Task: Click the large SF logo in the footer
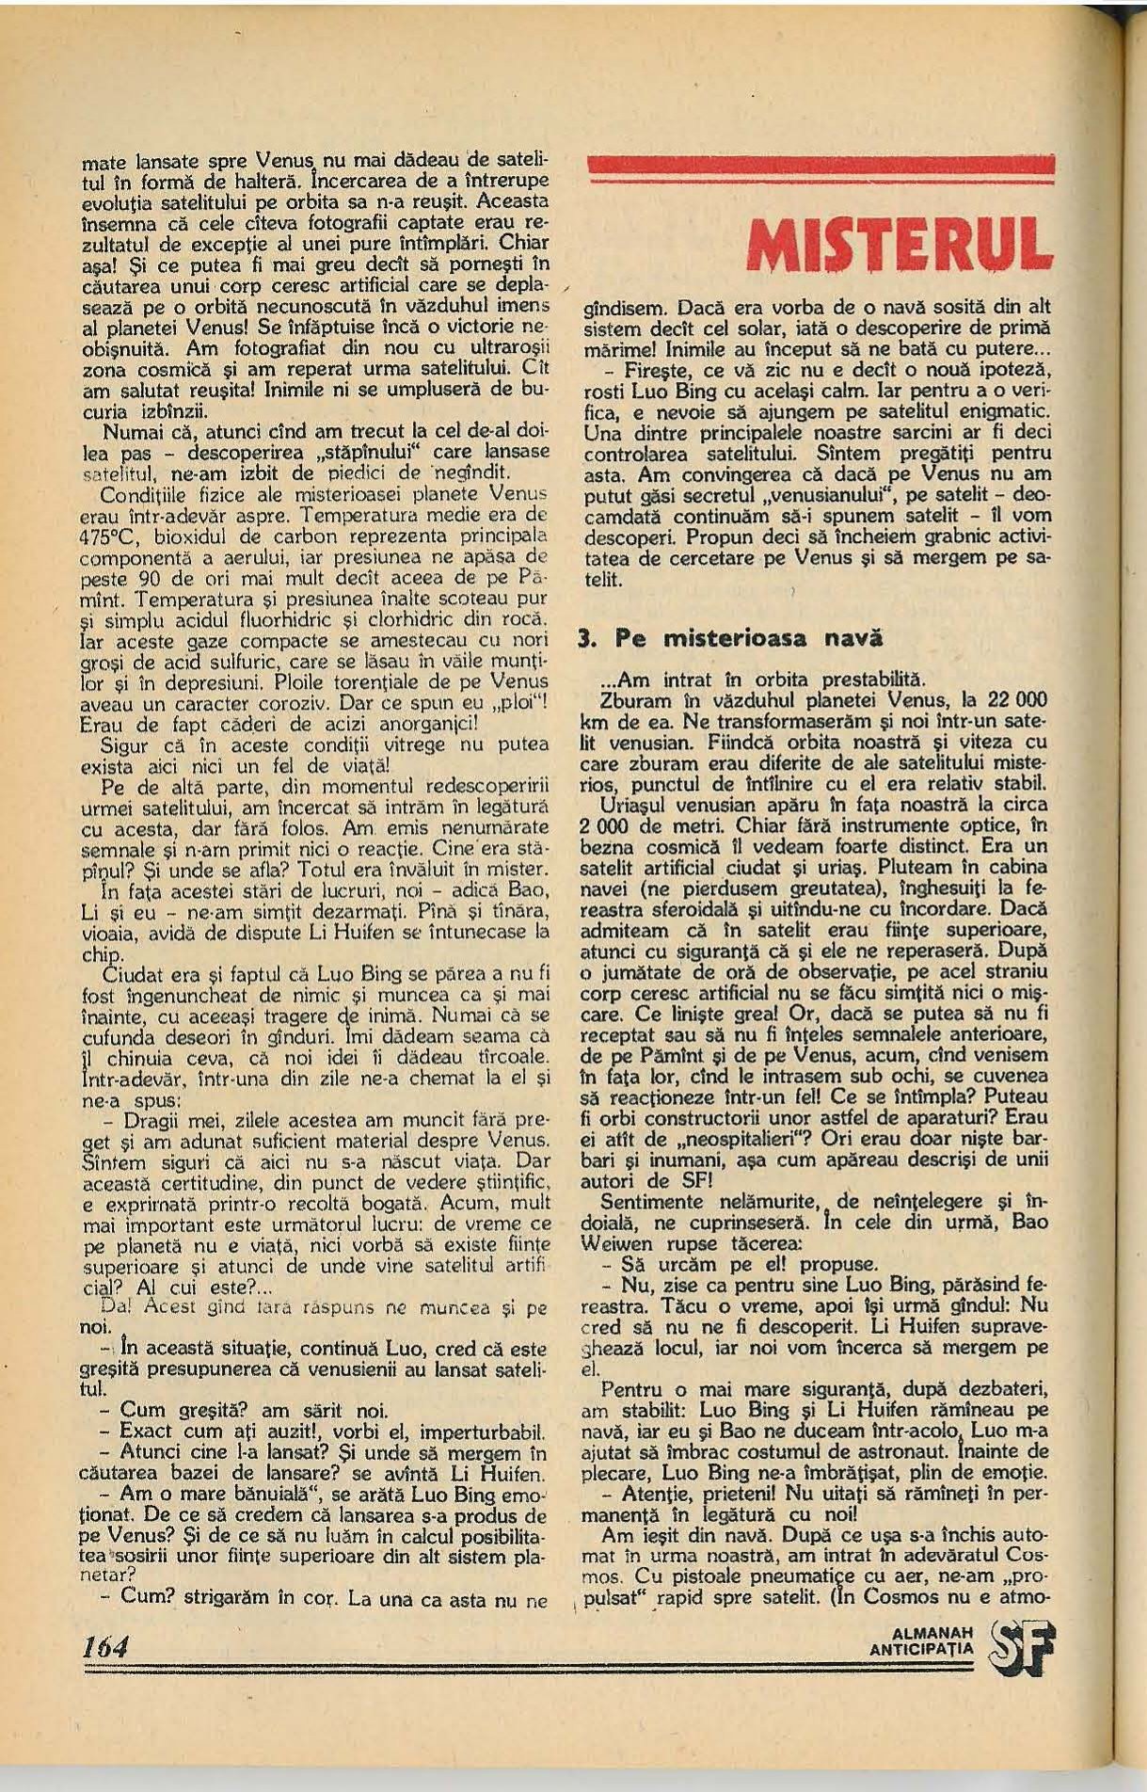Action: pyautogui.click(x=1023, y=1645)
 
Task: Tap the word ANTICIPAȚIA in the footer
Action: pyautogui.click(x=922, y=1650)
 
